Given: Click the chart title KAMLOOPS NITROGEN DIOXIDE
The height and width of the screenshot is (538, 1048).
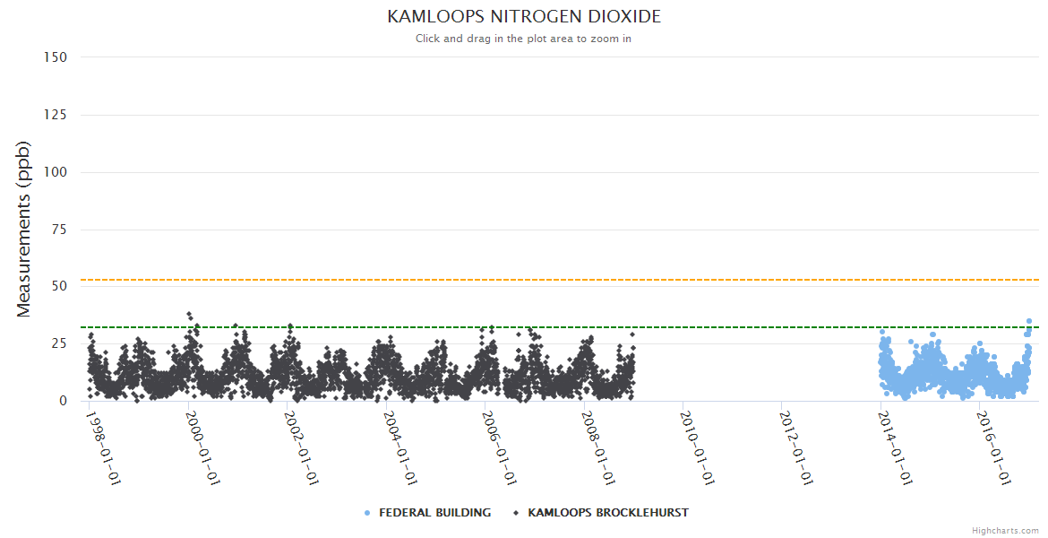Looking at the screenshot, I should pos(524,17).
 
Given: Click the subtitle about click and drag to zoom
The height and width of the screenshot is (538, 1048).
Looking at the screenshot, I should pos(524,39).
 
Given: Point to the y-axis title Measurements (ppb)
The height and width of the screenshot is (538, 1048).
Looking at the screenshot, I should pos(24,229).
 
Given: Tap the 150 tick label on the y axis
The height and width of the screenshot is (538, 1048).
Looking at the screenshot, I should pos(56,56).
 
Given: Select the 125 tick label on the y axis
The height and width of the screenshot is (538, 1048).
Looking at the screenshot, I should pos(56,115).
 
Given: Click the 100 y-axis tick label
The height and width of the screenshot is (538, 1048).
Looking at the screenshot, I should pos(56,172).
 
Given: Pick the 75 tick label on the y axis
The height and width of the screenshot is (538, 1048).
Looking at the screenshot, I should pos(59,230).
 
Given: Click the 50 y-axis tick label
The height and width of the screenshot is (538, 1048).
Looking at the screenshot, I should pos(59,287).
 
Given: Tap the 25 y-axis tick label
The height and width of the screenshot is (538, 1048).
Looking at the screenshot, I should pos(59,343).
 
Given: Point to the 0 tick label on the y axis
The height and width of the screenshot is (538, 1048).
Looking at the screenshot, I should pos(63,401).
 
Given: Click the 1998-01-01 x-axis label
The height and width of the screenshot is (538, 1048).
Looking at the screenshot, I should pos(102,447).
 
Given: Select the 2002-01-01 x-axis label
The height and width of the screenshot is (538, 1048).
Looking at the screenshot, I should pos(300,447).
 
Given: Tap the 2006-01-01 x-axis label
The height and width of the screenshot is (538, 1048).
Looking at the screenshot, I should pos(498,447).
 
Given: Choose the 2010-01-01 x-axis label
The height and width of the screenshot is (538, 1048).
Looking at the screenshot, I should pos(696,447).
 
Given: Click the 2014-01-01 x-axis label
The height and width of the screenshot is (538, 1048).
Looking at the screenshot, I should pos(894,447).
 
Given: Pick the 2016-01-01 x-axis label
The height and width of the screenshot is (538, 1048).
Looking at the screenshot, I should pos(993,447).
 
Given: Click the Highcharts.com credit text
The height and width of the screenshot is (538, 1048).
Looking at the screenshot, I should pos(1005,530).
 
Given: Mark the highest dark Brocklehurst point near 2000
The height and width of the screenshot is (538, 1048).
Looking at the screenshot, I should pos(189,315).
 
